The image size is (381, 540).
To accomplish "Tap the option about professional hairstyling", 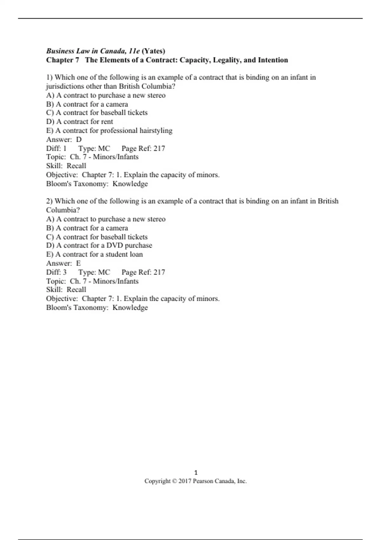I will pos(109,131).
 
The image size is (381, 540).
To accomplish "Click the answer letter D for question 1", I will pos(79,139).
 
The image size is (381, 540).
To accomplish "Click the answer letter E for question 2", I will pos(78,263).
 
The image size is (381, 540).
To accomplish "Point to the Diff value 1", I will pos(65,148).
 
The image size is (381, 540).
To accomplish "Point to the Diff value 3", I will pos(65,272).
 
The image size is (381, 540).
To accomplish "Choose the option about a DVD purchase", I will pos(99,246).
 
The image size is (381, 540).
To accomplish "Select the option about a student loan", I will pos(94,254).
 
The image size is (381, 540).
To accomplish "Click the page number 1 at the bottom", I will pos(196,472).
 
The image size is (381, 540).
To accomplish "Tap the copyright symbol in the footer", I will pos(174,481).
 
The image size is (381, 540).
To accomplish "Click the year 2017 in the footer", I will pos(185,481).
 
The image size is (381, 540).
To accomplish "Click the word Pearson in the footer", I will pos(203,481).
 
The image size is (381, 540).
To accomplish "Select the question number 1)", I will pos(49,77).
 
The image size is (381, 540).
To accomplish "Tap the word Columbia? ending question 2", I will pos(63,210).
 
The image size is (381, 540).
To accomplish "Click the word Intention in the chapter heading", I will pos(273,60).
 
